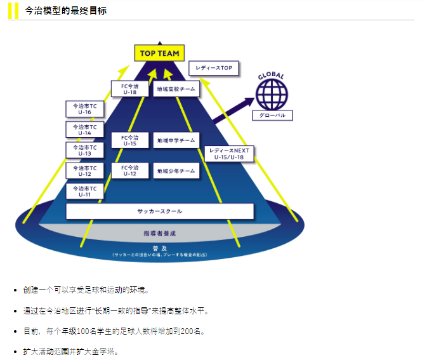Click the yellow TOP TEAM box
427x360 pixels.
point(159,53)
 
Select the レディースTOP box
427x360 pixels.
point(214,68)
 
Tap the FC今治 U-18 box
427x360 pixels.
point(129,89)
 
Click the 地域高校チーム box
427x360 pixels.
point(176,90)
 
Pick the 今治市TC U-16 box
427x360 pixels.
point(84,109)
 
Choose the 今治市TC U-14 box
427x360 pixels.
point(84,130)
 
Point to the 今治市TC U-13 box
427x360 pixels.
point(84,150)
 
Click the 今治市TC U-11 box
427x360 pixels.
point(84,191)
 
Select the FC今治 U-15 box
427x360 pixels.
point(129,140)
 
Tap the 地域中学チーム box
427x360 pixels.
point(176,140)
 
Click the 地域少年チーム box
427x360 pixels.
point(176,171)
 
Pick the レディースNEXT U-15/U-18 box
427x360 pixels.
point(229,154)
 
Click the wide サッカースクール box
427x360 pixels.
point(160,211)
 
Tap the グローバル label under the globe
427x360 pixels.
point(272,116)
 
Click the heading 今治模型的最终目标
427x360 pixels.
point(65,11)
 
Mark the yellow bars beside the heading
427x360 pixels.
point(13,11)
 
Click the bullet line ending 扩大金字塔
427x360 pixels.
point(71,351)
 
